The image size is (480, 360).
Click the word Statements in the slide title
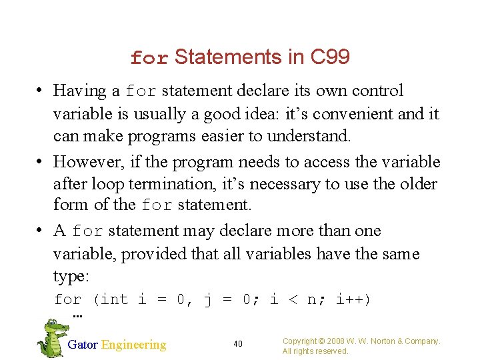point(228,58)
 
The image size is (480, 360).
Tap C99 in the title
point(330,58)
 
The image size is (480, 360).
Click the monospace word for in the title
point(149,59)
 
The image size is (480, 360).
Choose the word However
point(85,162)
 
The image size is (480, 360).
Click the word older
point(417,184)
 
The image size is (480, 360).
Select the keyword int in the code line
point(114,299)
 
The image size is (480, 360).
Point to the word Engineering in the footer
point(133,345)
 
